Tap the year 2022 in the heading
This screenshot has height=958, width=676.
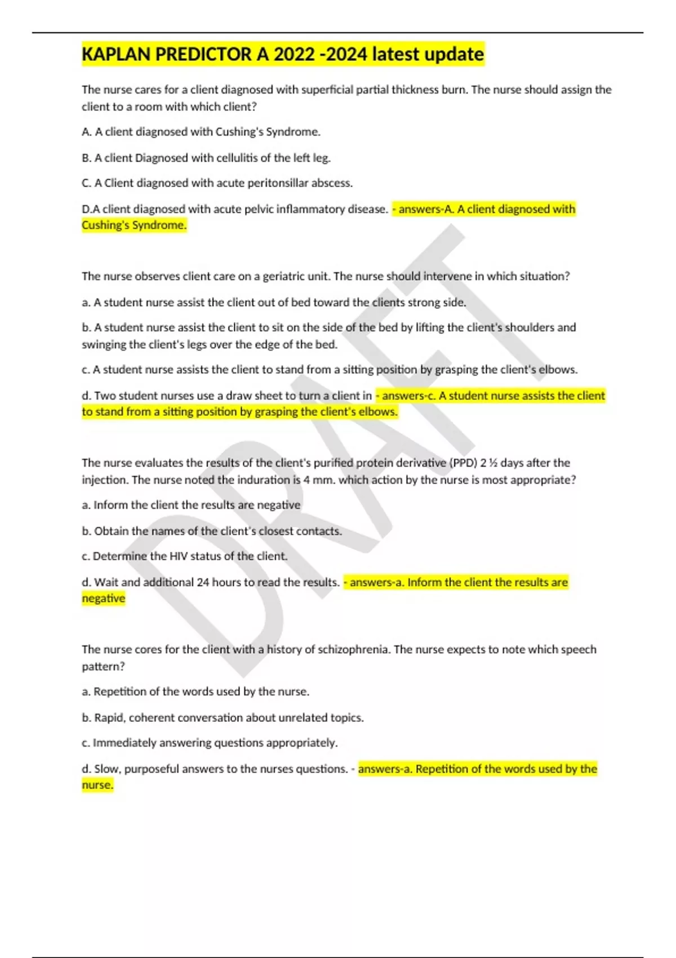click(294, 55)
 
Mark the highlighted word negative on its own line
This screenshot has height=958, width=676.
click(104, 598)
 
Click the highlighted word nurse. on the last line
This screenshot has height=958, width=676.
click(97, 785)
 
